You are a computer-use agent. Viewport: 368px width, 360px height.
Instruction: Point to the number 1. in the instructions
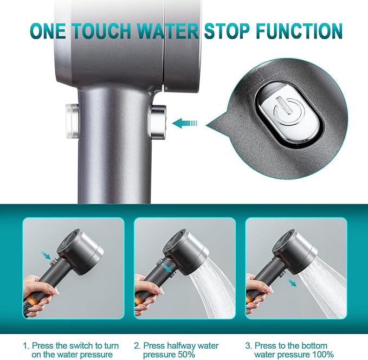click(26, 345)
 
